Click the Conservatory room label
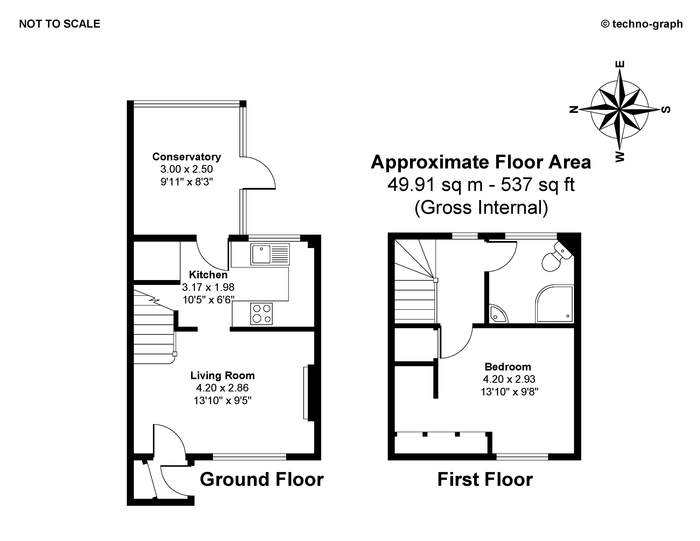pyautogui.click(x=186, y=157)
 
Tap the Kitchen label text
pyautogui.click(x=208, y=275)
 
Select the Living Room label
pyautogui.click(x=223, y=375)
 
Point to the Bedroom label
pyautogui.click(x=508, y=367)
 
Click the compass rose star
pyautogui.click(x=620, y=110)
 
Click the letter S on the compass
pyautogui.click(x=666, y=110)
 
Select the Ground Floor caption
pyautogui.click(x=262, y=480)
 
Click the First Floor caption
pyautogui.click(x=485, y=480)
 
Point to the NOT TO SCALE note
pyautogui.click(x=60, y=24)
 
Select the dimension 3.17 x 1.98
pyautogui.click(x=208, y=287)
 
